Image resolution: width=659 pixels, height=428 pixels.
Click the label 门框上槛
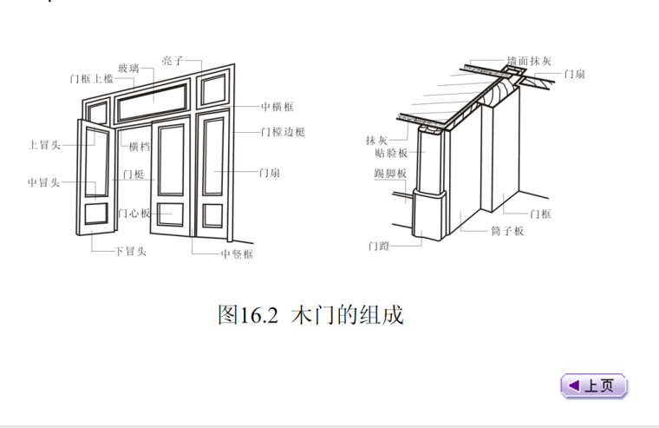point(92,79)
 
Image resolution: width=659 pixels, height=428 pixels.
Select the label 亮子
point(172,61)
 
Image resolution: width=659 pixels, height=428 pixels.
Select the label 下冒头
point(130,252)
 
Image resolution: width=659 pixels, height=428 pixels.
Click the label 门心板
point(135,213)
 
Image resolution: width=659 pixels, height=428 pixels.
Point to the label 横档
point(139,147)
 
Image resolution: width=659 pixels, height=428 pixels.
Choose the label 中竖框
point(237,254)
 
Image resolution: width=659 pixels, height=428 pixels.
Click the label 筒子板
point(507,232)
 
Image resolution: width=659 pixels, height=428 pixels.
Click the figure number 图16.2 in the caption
point(247,314)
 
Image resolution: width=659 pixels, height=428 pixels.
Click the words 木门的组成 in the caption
point(348,314)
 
